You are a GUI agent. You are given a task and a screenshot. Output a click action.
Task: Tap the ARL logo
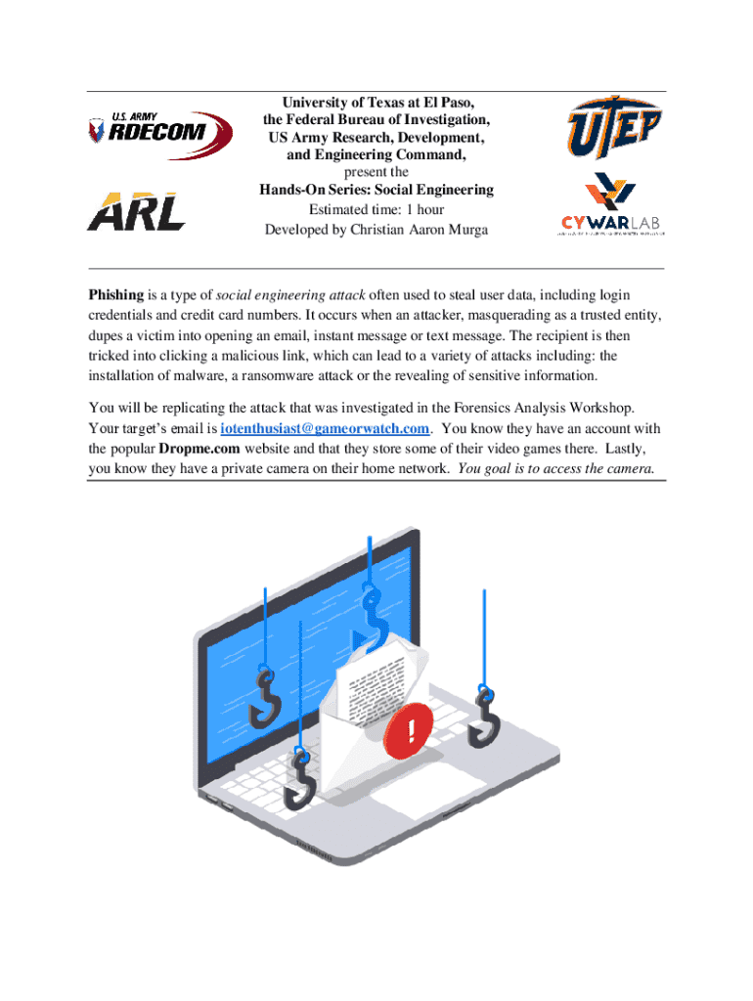click(x=136, y=211)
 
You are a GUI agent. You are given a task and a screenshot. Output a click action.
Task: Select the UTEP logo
click(x=615, y=128)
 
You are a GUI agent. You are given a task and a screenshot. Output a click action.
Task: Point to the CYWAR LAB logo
click(x=610, y=207)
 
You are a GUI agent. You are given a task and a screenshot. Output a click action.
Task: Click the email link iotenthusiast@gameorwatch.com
click(x=325, y=429)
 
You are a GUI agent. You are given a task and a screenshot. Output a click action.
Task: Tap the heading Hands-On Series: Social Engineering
click(x=376, y=190)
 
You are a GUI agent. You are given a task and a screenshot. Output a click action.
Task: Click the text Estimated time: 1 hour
click(x=376, y=210)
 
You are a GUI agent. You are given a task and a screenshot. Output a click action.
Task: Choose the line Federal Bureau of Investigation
click(x=376, y=120)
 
